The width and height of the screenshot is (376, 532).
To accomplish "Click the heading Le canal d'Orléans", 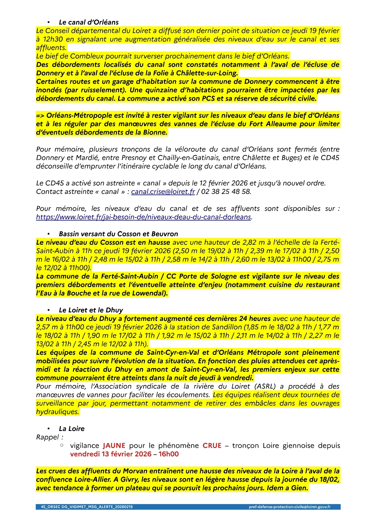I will [x=89, y=22].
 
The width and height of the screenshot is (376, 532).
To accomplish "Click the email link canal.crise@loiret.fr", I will [x=163, y=192].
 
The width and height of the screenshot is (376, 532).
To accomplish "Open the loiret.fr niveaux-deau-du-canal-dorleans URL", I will [x=144, y=217].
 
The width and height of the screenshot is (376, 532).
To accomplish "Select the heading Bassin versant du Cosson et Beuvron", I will [x=118, y=234].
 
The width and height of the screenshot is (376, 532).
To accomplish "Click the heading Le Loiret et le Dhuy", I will [x=91, y=310].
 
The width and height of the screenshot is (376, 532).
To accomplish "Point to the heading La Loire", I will [x=72, y=429].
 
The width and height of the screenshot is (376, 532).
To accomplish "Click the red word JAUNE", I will [x=114, y=446].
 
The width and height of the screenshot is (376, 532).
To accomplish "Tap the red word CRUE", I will [x=212, y=446].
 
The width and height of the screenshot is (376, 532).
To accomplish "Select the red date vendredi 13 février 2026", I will [x=111, y=454].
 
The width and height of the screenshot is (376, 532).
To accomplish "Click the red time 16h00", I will [x=168, y=454].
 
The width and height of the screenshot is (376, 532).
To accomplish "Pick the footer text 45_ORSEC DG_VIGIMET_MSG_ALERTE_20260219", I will [x=87, y=507].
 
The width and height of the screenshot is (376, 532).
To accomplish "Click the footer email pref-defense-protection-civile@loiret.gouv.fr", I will [x=290, y=507].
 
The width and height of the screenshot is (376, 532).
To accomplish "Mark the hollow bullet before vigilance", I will [x=62, y=445].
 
